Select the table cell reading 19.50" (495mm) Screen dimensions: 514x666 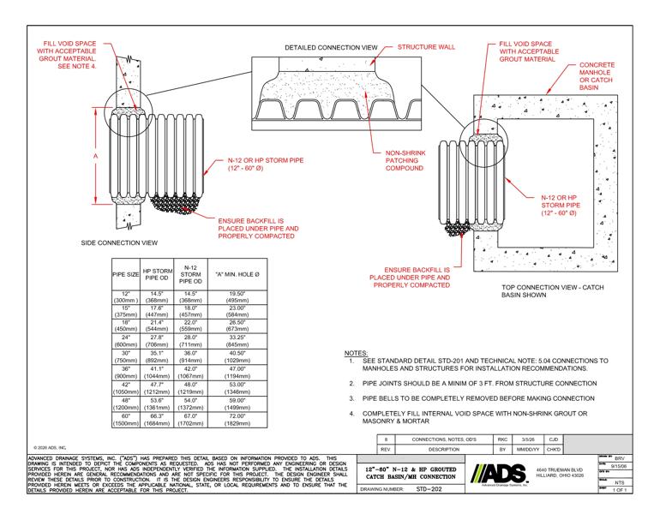225,297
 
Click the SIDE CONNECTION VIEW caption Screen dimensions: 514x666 119,242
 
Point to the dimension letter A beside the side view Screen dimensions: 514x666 96,157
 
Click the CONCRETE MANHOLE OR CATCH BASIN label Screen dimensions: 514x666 601,81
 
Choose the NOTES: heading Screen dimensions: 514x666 356,353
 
